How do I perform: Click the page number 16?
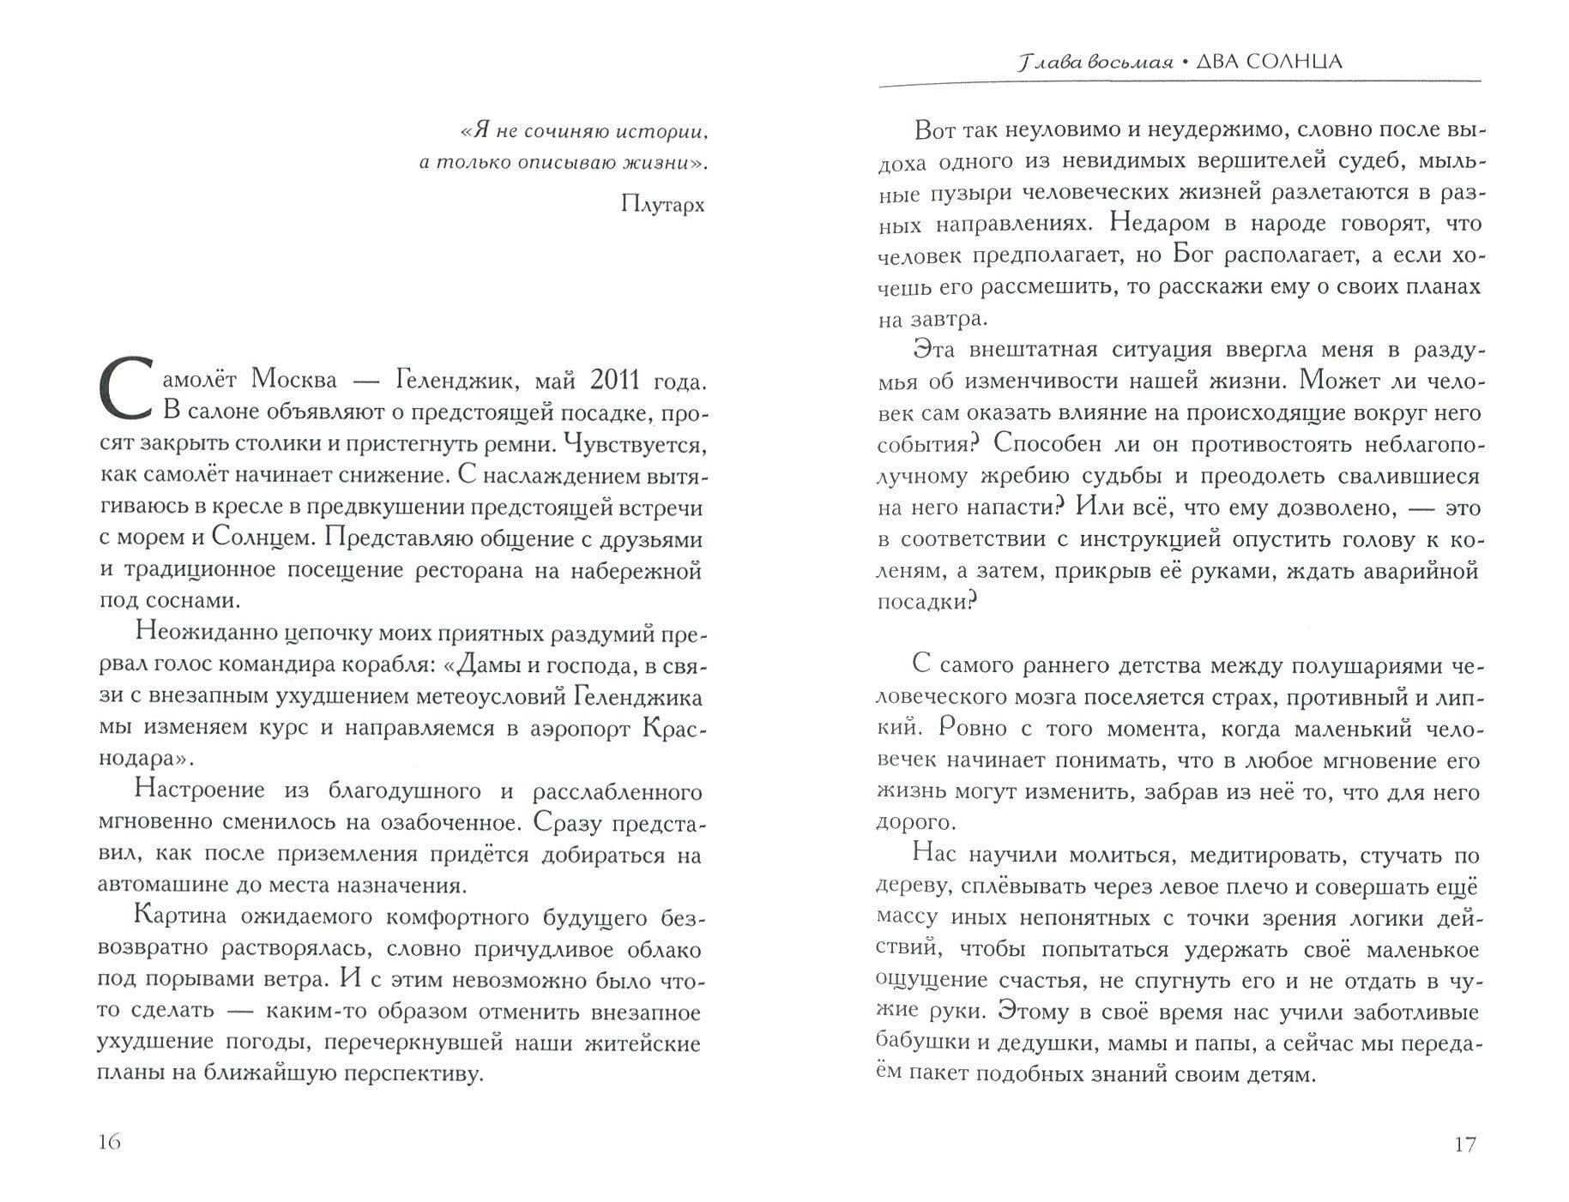click(111, 1142)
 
